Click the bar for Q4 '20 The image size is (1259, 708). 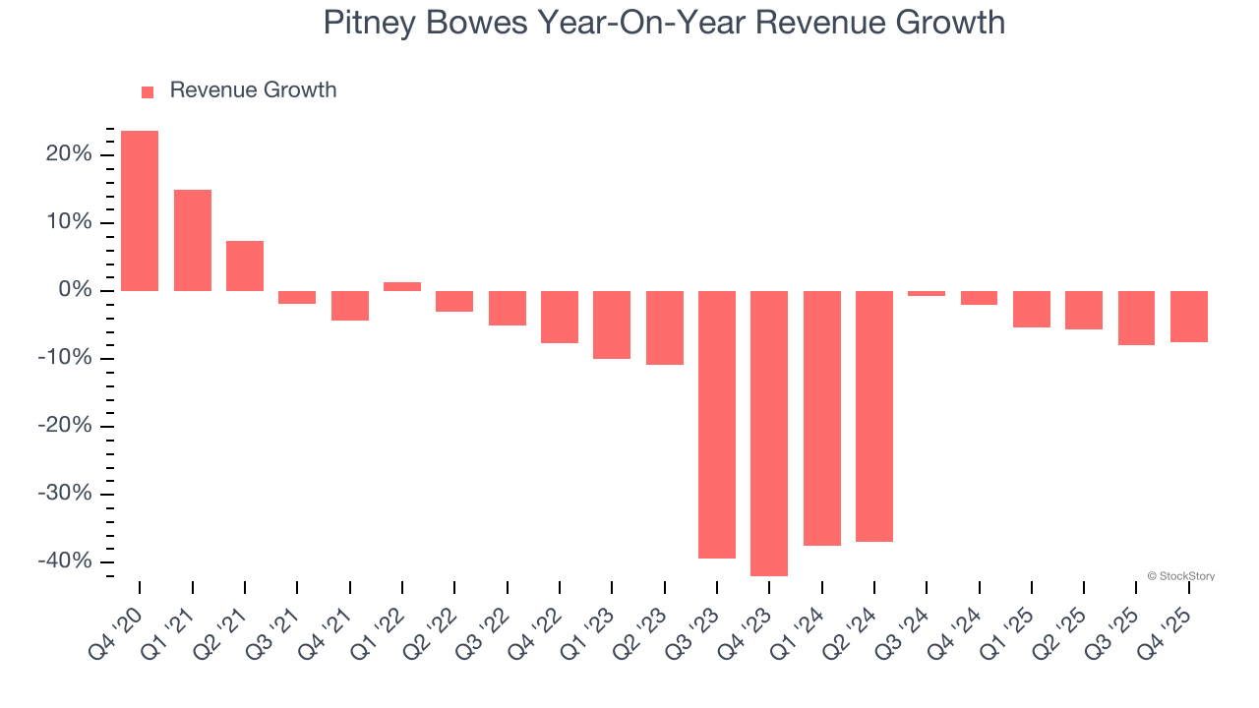pyautogui.click(x=140, y=210)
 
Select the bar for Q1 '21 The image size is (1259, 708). pyautogui.click(x=193, y=240)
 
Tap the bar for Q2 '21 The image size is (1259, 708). pyautogui.click(x=245, y=265)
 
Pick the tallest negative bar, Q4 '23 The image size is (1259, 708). pyautogui.click(x=769, y=433)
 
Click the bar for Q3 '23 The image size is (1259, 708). pyautogui.click(x=717, y=424)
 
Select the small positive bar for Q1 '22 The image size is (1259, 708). pyautogui.click(x=402, y=286)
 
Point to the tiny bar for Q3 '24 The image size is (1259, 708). pyautogui.click(x=927, y=293)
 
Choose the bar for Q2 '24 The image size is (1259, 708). pyautogui.click(x=874, y=416)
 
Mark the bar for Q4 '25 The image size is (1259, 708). pyautogui.click(x=1189, y=317)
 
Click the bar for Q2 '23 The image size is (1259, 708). pyautogui.click(x=665, y=327)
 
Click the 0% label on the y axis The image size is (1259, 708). pyautogui.click(x=75, y=290)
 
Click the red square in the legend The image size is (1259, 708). pyautogui.click(x=148, y=92)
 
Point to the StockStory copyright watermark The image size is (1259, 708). pyautogui.click(x=1180, y=576)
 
